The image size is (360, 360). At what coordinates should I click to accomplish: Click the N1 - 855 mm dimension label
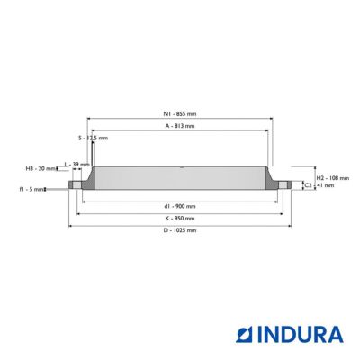tap(180, 114)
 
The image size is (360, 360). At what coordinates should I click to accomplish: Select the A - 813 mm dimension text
tap(180, 126)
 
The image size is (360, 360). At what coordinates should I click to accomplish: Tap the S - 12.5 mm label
tap(93, 138)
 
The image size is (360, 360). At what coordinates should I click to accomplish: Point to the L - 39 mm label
tap(77, 165)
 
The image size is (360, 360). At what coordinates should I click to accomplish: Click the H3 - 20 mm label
tap(40, 168)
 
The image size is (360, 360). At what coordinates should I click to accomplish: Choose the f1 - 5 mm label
tap(31, 189)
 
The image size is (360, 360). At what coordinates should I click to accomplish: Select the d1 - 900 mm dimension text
tap(180, 206)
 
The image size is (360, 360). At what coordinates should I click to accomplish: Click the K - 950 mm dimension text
tap(180, 219)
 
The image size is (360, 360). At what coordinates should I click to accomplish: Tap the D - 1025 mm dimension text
tap(180, 230)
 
